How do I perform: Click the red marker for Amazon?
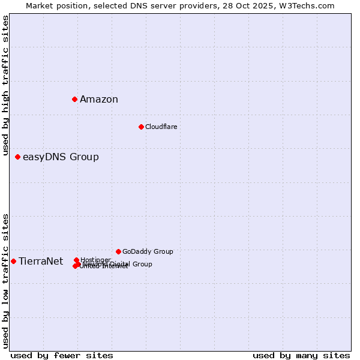[x=74, y=99]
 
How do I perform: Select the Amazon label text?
[x=99, y=100]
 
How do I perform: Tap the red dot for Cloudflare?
[x=141, y=127]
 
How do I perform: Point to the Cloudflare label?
[x=161, y=127]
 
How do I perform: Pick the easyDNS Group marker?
[x=17, y=157]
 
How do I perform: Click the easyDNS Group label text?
[x=61, y=157]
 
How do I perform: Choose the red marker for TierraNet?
[x=13, y=261]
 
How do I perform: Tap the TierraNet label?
[x=41, y=262]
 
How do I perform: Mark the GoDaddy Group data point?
[x=118, y=251]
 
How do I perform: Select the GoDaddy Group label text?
[x=148, y=252]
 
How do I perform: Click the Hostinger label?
[x=95, y=260]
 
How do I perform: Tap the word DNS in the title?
[x=132, y=5]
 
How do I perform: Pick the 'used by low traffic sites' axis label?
[x=5, y=281]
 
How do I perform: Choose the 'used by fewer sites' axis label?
[x=62, y=355]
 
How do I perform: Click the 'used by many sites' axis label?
[x=301, y=355]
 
